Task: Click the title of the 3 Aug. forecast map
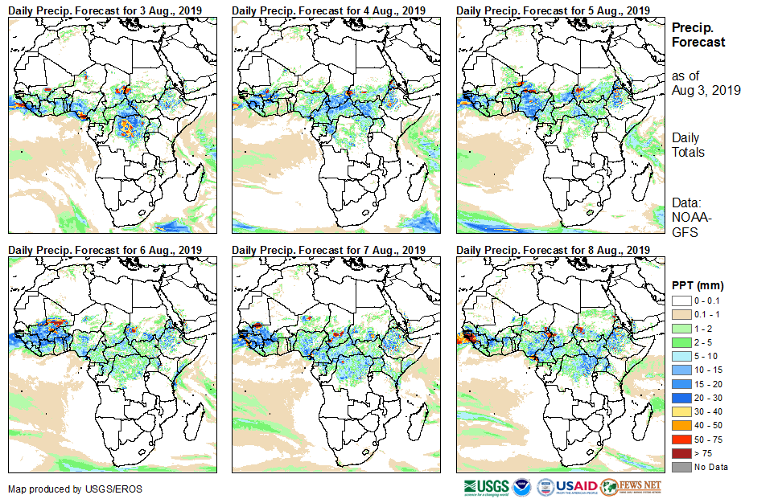(x=105, y=10)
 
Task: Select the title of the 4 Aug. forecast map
(x=328, y=10)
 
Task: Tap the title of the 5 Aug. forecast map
(x=552, y=10)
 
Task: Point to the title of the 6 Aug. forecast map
(x=105, y=250)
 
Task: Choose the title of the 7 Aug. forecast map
(x=328, y=250)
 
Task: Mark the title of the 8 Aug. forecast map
(x=552, y=250)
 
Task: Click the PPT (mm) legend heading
(x=697, y=286)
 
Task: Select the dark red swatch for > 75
(x=680, y=453)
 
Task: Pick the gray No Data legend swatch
(x=680, y=466)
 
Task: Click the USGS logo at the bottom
(x=485, y=487)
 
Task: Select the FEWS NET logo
(x=631, y=487)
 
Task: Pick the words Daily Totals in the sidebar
(x=688, y=145)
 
